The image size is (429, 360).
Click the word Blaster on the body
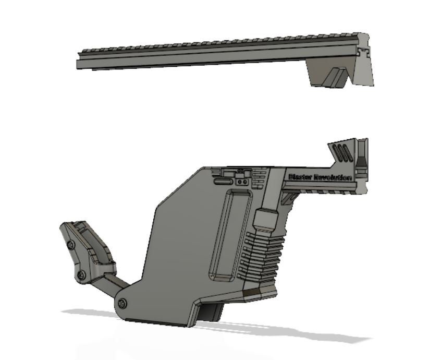pyautogui.click(x=299, y=177)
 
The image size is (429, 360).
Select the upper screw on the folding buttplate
pyautogui.click(x=70, y=244)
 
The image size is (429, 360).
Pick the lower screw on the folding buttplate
pyautogui.click(x=80, y=274)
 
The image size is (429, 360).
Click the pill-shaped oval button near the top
pyautogui.click(x=224, y=182)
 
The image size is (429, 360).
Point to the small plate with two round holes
pyautogui.click(x=240, y=182)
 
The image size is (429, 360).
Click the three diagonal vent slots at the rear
pyautogui.click(x=341, y=152)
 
